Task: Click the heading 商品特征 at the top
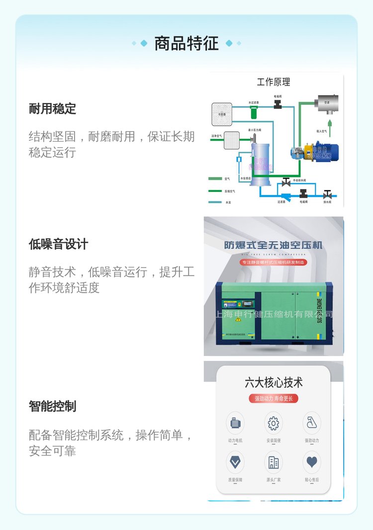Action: tap(186, 43)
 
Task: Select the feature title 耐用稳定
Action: tap(52, 108)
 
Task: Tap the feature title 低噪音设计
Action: tap(58, 244)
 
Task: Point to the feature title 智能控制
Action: tap(52, 406)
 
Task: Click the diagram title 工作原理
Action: tap(273, 82)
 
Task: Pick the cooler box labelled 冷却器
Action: tap(221, 114)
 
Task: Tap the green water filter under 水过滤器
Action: tap(254, 113)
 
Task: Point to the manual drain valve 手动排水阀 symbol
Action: tap(286, 182)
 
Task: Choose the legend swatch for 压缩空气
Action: tap(215, 191)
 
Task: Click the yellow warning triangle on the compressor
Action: tap(238, 319)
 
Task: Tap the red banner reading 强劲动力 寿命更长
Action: tap(273, 398)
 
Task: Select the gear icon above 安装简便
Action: tap(273, 424)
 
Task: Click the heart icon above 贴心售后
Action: tap(312, 462)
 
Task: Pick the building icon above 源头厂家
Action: tap(273, 462)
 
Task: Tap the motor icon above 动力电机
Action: tap(235, 424)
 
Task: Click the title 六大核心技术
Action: tap(273, 382)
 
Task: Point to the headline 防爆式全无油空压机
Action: tap(273, 245)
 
